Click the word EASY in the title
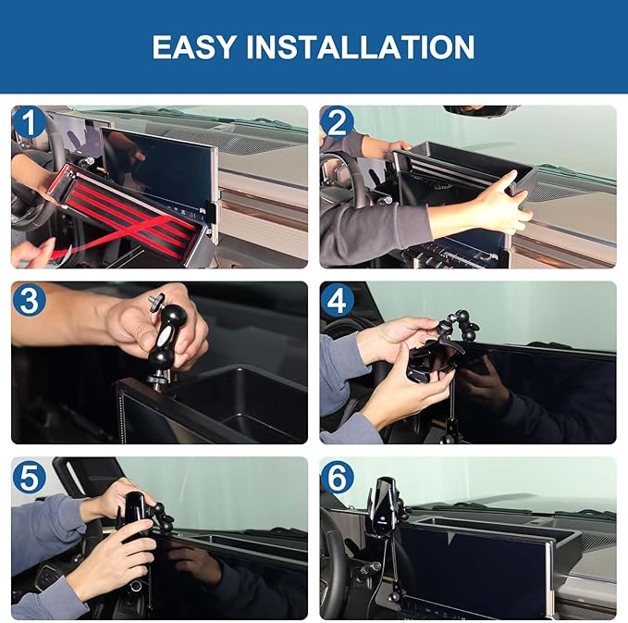(197, 46)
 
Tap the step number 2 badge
(337, 122)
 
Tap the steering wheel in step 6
(335, 555)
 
